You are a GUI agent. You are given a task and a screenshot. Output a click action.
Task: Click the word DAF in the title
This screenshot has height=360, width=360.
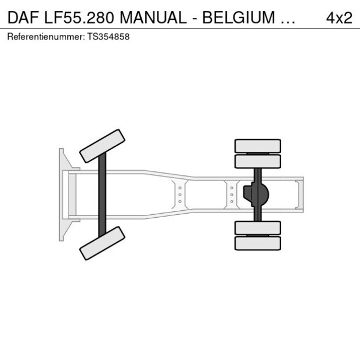pos(23,17)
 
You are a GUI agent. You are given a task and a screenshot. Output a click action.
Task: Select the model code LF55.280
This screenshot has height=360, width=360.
pos(79,17)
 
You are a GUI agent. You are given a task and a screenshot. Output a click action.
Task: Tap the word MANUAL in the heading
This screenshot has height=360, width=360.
pos(153,17)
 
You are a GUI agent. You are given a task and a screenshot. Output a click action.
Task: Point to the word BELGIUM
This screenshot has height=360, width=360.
pos(239,17)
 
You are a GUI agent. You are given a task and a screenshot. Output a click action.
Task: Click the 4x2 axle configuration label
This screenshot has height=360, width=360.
pos(339,17)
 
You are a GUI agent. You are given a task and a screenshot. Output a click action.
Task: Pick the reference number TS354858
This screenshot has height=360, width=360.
pos(109,37)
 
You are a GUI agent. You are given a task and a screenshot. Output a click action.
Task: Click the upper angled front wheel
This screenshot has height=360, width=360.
pos(102,146)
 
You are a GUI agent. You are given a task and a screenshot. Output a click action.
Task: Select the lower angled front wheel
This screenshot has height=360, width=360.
pos(102,243)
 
